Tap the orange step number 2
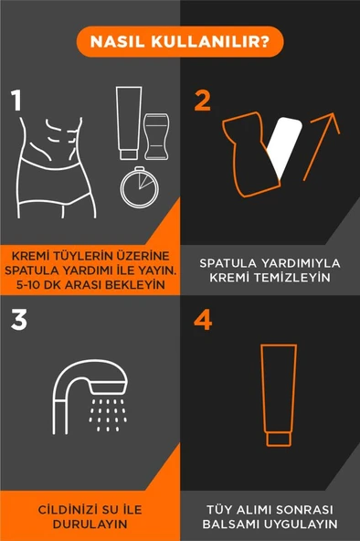point(203,100)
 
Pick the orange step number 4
point(204,321)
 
